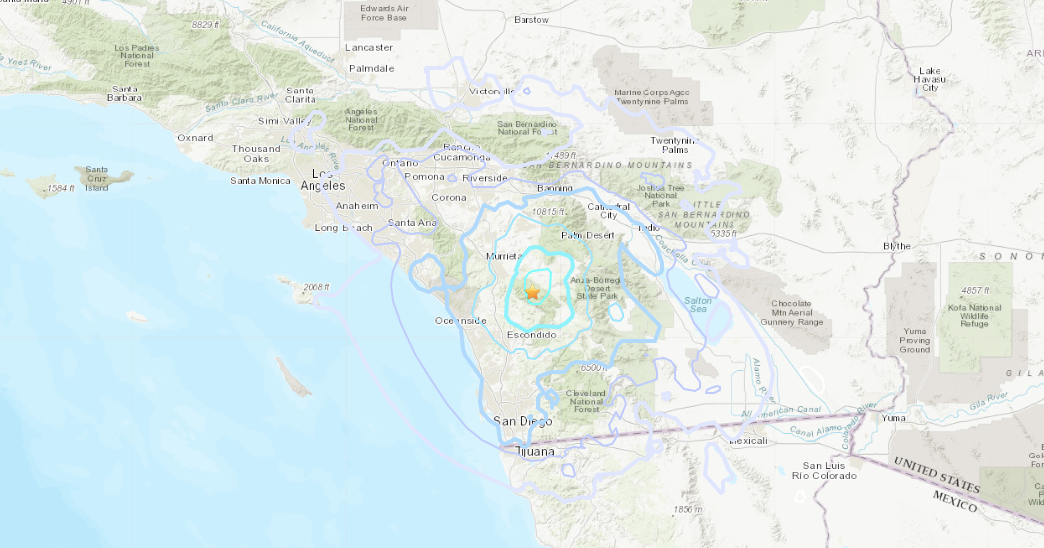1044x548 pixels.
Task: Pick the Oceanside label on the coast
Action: click(460, 320)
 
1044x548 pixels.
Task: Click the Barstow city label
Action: click(530, 19)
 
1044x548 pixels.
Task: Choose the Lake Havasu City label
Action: click(930, 79)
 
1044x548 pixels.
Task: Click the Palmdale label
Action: click(370, 68)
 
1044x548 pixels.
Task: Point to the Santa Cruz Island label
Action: click(97, 178)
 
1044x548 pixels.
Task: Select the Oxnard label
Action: click(194, 137)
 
